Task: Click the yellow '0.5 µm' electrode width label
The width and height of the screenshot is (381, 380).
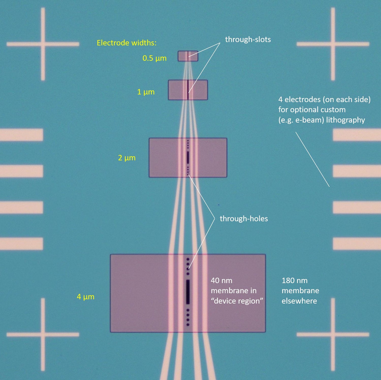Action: coord(154,58)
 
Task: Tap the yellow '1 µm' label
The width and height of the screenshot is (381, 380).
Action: coord(146,92)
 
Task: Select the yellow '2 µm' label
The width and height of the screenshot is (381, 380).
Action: coord(127,158)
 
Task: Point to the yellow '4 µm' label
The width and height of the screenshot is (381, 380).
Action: coord(86,297)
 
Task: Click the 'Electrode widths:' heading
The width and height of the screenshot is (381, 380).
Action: coord(126,43)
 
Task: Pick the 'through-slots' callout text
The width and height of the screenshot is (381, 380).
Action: coord(248,39)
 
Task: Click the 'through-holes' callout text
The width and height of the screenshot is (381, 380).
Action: coord(244,219)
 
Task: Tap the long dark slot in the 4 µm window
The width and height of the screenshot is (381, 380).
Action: coord(188,292)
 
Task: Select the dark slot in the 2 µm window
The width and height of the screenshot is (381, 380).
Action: coord(188,158)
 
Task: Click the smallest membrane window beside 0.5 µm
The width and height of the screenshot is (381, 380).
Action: coord(188,56)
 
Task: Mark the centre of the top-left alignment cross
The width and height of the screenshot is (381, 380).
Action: coord(43,44)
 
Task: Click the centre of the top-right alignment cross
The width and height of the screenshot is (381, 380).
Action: coord(333,44)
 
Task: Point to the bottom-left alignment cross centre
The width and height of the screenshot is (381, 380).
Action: coord(43,335)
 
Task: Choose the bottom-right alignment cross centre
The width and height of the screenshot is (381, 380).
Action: coord(333,335)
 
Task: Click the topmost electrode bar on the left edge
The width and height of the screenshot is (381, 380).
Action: coord(22,135)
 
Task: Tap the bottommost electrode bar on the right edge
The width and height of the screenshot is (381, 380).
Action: coord(357,244)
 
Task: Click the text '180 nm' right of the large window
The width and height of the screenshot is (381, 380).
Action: coord(295,281)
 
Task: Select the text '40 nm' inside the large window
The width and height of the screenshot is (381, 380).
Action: coord(221,281)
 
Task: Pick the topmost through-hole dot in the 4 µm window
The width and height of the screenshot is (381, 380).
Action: coord(188,259)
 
